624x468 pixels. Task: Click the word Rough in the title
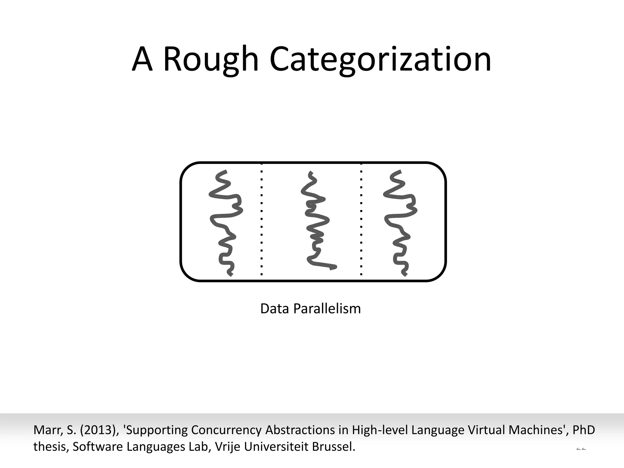point(211,59)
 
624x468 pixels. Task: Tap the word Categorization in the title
point(380,59)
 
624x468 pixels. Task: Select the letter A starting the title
point(142,59)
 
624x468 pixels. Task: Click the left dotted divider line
point(262,219)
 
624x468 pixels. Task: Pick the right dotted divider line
point(361,219)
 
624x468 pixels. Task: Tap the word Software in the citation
point(98,447)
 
